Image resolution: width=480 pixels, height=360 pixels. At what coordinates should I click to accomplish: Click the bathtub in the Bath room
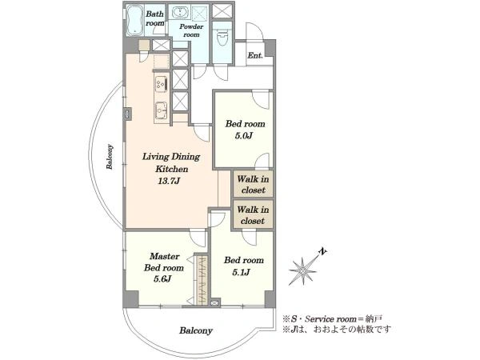coord(134,21)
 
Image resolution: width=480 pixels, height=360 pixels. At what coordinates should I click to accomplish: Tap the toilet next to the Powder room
coord(222,38)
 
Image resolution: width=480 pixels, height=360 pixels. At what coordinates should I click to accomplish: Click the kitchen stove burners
coord(162,83)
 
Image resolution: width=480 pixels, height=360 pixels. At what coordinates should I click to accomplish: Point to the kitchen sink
coord(161,110)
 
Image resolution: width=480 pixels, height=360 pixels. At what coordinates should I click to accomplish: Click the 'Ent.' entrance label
coord(255,55)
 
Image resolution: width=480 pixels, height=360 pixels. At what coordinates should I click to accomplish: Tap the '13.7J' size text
coord(169,182)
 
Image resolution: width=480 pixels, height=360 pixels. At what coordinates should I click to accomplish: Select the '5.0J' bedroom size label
coord(244,136)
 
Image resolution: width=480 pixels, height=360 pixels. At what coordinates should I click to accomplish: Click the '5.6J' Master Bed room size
coord(162,279)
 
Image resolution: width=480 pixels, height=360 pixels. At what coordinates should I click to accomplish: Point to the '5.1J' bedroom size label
coord(242,272)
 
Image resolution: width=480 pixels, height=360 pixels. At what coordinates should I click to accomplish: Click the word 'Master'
coord(165,256)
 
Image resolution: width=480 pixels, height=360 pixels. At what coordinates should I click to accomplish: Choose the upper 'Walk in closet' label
coord(253,184)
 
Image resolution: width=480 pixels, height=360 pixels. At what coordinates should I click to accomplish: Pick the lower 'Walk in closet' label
coord(253,215)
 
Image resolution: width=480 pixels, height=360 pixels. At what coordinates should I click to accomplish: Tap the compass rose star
coord(302,270)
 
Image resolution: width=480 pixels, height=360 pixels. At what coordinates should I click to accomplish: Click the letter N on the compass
coord(322,252)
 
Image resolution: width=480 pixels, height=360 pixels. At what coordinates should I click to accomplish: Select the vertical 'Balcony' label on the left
coord(110,157)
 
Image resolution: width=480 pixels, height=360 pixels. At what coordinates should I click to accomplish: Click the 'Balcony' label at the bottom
coord(196,330)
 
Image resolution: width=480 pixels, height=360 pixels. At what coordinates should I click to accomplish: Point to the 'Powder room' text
coord(191,30)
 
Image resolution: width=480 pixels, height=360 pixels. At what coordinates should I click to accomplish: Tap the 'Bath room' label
coord(155,18)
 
